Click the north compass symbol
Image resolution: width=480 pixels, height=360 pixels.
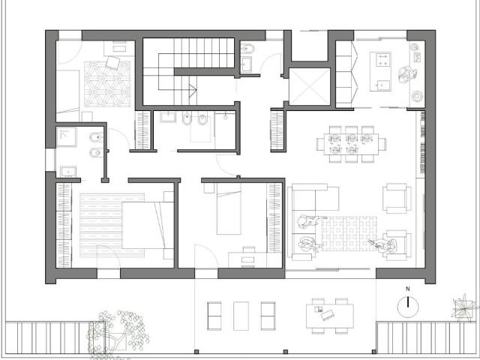point(408,307)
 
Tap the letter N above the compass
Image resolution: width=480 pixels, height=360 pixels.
point(408,289)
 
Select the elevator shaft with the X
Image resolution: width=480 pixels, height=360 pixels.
point(310,86)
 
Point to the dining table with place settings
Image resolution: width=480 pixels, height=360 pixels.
point(351,144)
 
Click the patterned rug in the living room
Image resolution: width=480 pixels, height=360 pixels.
point(349,233)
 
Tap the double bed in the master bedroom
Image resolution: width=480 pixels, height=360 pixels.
point(148,225)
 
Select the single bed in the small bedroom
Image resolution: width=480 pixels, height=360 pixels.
point(229,208)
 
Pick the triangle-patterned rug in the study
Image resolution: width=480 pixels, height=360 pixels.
point(107,83)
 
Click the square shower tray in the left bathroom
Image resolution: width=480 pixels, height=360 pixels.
point(66,137)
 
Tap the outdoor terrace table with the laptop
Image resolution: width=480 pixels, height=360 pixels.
point(330,316)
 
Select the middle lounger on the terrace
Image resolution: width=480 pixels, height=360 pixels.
point(241,316)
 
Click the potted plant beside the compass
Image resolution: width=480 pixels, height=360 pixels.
point(464,307)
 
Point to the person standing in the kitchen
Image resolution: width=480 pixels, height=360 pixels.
point(407,74)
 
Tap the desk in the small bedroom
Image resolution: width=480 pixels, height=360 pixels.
point(247,259)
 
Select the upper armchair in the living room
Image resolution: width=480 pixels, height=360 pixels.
point(397,198)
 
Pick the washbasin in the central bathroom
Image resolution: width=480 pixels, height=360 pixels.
point(168,117)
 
